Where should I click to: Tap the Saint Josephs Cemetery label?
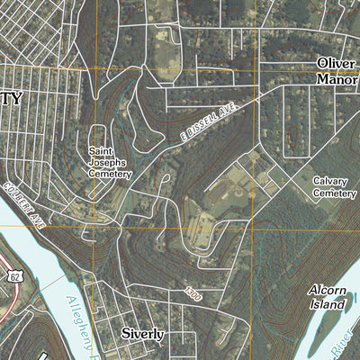(x=109, y=163)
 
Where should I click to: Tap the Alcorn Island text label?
(x=326, y=298)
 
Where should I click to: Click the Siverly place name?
(x=143, y=334)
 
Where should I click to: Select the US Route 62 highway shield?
(x=16, y=277)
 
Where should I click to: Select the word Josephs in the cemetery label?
(x=109, y=163)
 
